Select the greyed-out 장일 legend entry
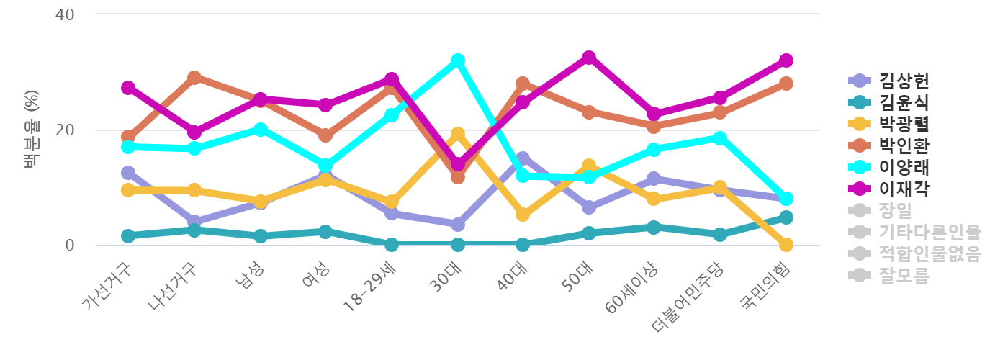[x=895, y=210]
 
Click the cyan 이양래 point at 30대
[x=458, y=60]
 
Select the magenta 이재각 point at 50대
[x=589, y=58]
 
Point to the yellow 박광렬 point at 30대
[x=458, y=135]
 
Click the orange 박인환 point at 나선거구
[x=194, y=78]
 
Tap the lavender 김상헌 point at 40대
[x=523, y=158]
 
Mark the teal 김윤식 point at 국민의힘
[x=786, y=217]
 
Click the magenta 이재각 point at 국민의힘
[x=786, y=60]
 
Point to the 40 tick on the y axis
[x=65, y=14]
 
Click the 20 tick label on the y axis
[x=65, y=130]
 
